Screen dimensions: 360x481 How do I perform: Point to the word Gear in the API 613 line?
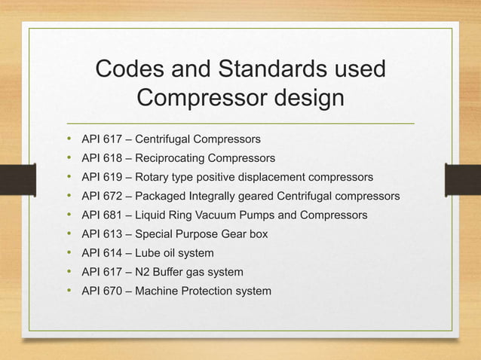[234, 234]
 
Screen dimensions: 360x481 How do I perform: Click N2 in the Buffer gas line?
[142, 272]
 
